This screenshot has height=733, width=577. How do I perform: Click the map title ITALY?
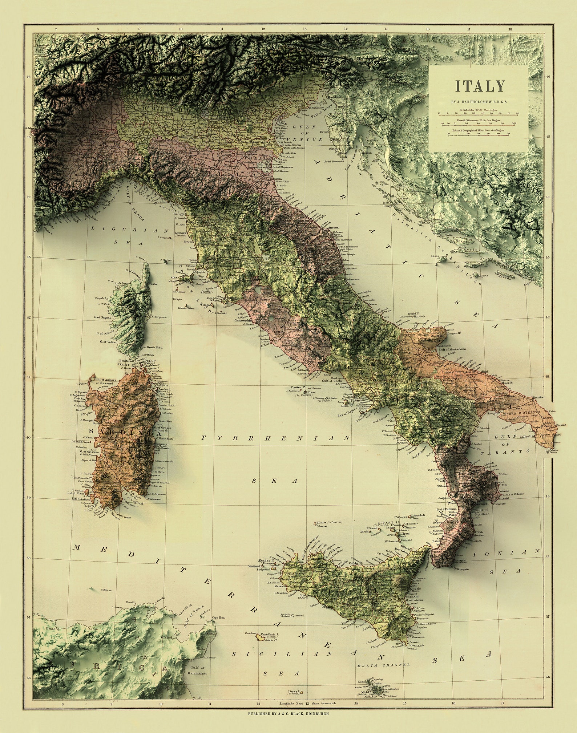pos(480,86)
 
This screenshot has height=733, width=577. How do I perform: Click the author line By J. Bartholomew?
pos(479,102)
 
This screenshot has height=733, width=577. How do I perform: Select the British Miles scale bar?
pos(479,113)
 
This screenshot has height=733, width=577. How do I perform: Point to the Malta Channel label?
pos(383,665)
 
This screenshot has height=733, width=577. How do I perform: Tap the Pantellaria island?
pos(261,637)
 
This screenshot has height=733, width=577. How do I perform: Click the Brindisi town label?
pos(538,398)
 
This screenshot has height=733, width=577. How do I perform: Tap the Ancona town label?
pos(333,228)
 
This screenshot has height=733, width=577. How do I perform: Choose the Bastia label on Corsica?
pos(153,284)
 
